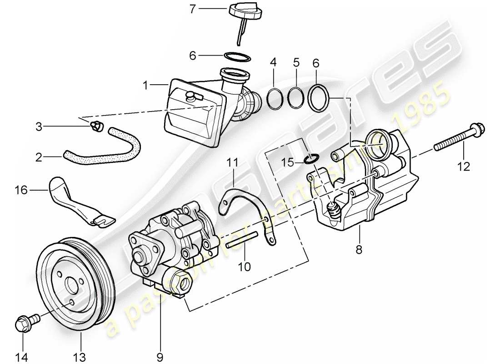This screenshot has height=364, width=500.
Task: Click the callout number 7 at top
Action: [193, 9]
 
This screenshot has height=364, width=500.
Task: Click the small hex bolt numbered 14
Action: [24, 324]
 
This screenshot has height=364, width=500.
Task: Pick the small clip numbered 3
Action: [96, 128]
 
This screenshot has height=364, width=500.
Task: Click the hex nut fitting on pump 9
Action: [181, 282]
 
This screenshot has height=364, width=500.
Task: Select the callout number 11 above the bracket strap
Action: [233, 162]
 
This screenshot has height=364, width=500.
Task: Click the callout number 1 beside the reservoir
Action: [145, 85]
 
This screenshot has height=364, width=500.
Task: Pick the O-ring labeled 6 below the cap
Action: [238, 57]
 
